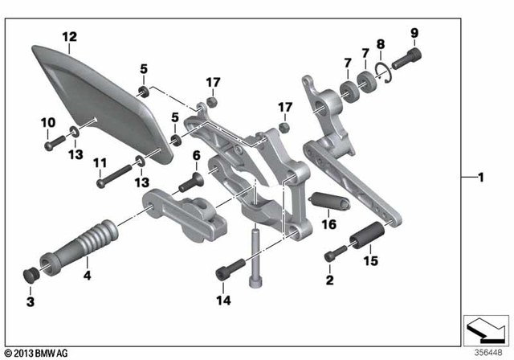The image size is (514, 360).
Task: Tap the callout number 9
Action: point(414,33)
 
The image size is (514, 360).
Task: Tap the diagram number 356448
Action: point(486,350)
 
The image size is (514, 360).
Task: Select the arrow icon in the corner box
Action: point(486,329)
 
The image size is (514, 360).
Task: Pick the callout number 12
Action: point(70,36)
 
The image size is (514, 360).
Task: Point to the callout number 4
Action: point(86,274)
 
